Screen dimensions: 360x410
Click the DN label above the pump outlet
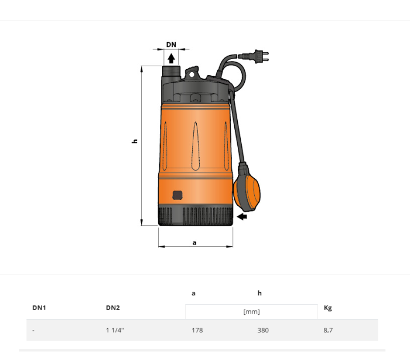coord(171,45)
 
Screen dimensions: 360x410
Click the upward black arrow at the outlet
coord(171,57)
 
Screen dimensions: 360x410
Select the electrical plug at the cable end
coord(259,57)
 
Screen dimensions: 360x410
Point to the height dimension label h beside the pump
coord(135,141)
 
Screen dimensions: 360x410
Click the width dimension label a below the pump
coord(194,242)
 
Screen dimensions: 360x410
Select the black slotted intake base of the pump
coord(195,215)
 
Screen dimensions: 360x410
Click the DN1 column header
coord(39,308)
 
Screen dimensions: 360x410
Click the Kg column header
coord(328,308)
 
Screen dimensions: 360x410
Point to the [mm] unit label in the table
coord(251,312)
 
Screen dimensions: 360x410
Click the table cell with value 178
coord(197,330)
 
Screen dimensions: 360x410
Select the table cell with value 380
coord(263,330)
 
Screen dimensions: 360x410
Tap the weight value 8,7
coord(328,330)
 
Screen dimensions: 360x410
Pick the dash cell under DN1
coord(33,330)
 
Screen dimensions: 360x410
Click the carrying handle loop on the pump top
coord(192,73)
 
